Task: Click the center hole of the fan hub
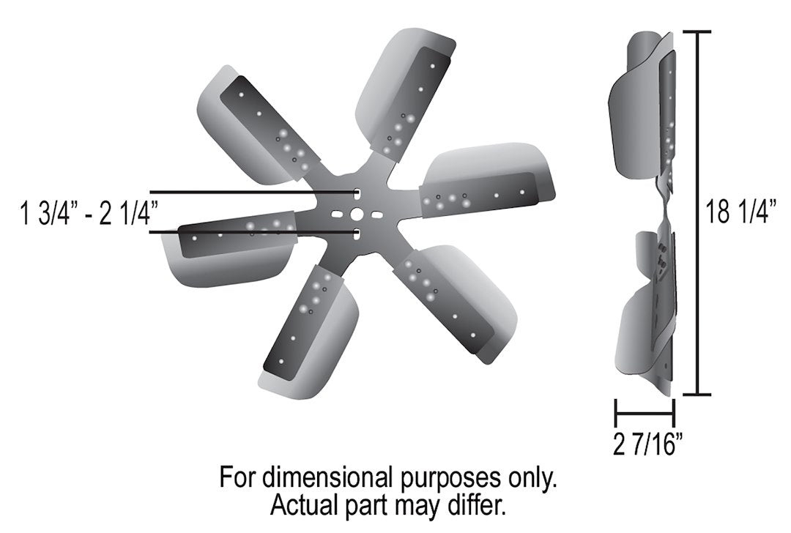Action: (356, 214)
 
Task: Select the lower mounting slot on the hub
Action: (356, 234)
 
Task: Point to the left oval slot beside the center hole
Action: (337, 215)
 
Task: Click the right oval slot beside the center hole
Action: (375, 216)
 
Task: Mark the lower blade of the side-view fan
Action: (641, 315)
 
